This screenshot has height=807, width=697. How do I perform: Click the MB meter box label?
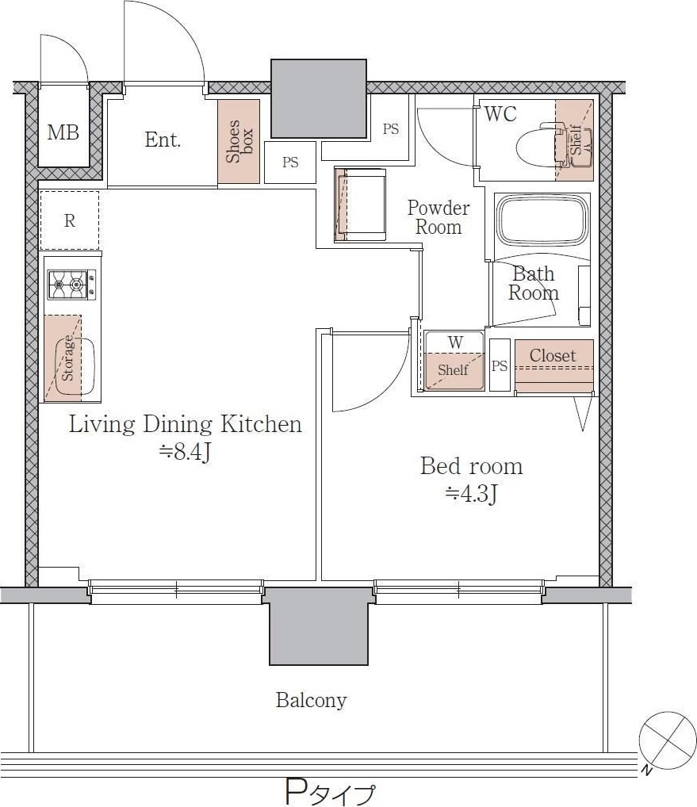coord(63,132)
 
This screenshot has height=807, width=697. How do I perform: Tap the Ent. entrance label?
coord(162,140)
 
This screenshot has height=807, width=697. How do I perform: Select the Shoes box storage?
coord(239,141)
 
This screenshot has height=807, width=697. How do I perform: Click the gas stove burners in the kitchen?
coord(71,284)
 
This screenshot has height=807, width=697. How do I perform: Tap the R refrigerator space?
coord(70,221)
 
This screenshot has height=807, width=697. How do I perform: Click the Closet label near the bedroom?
coord(553,355)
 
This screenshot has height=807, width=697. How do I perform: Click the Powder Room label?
coord(438,217)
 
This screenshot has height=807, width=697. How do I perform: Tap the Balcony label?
coord(311,700)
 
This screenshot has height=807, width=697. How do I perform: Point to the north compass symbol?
coord(667,741)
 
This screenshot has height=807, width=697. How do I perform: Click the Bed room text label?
coord(471,466)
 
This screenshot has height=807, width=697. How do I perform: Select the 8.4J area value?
coord(186,452)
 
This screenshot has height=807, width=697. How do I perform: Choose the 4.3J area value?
coord(471,494)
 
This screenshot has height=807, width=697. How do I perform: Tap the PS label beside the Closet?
coord(500,365)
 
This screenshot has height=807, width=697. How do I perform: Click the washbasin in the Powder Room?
coord(360,205)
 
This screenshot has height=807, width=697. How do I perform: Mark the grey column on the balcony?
coord(319,626)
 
